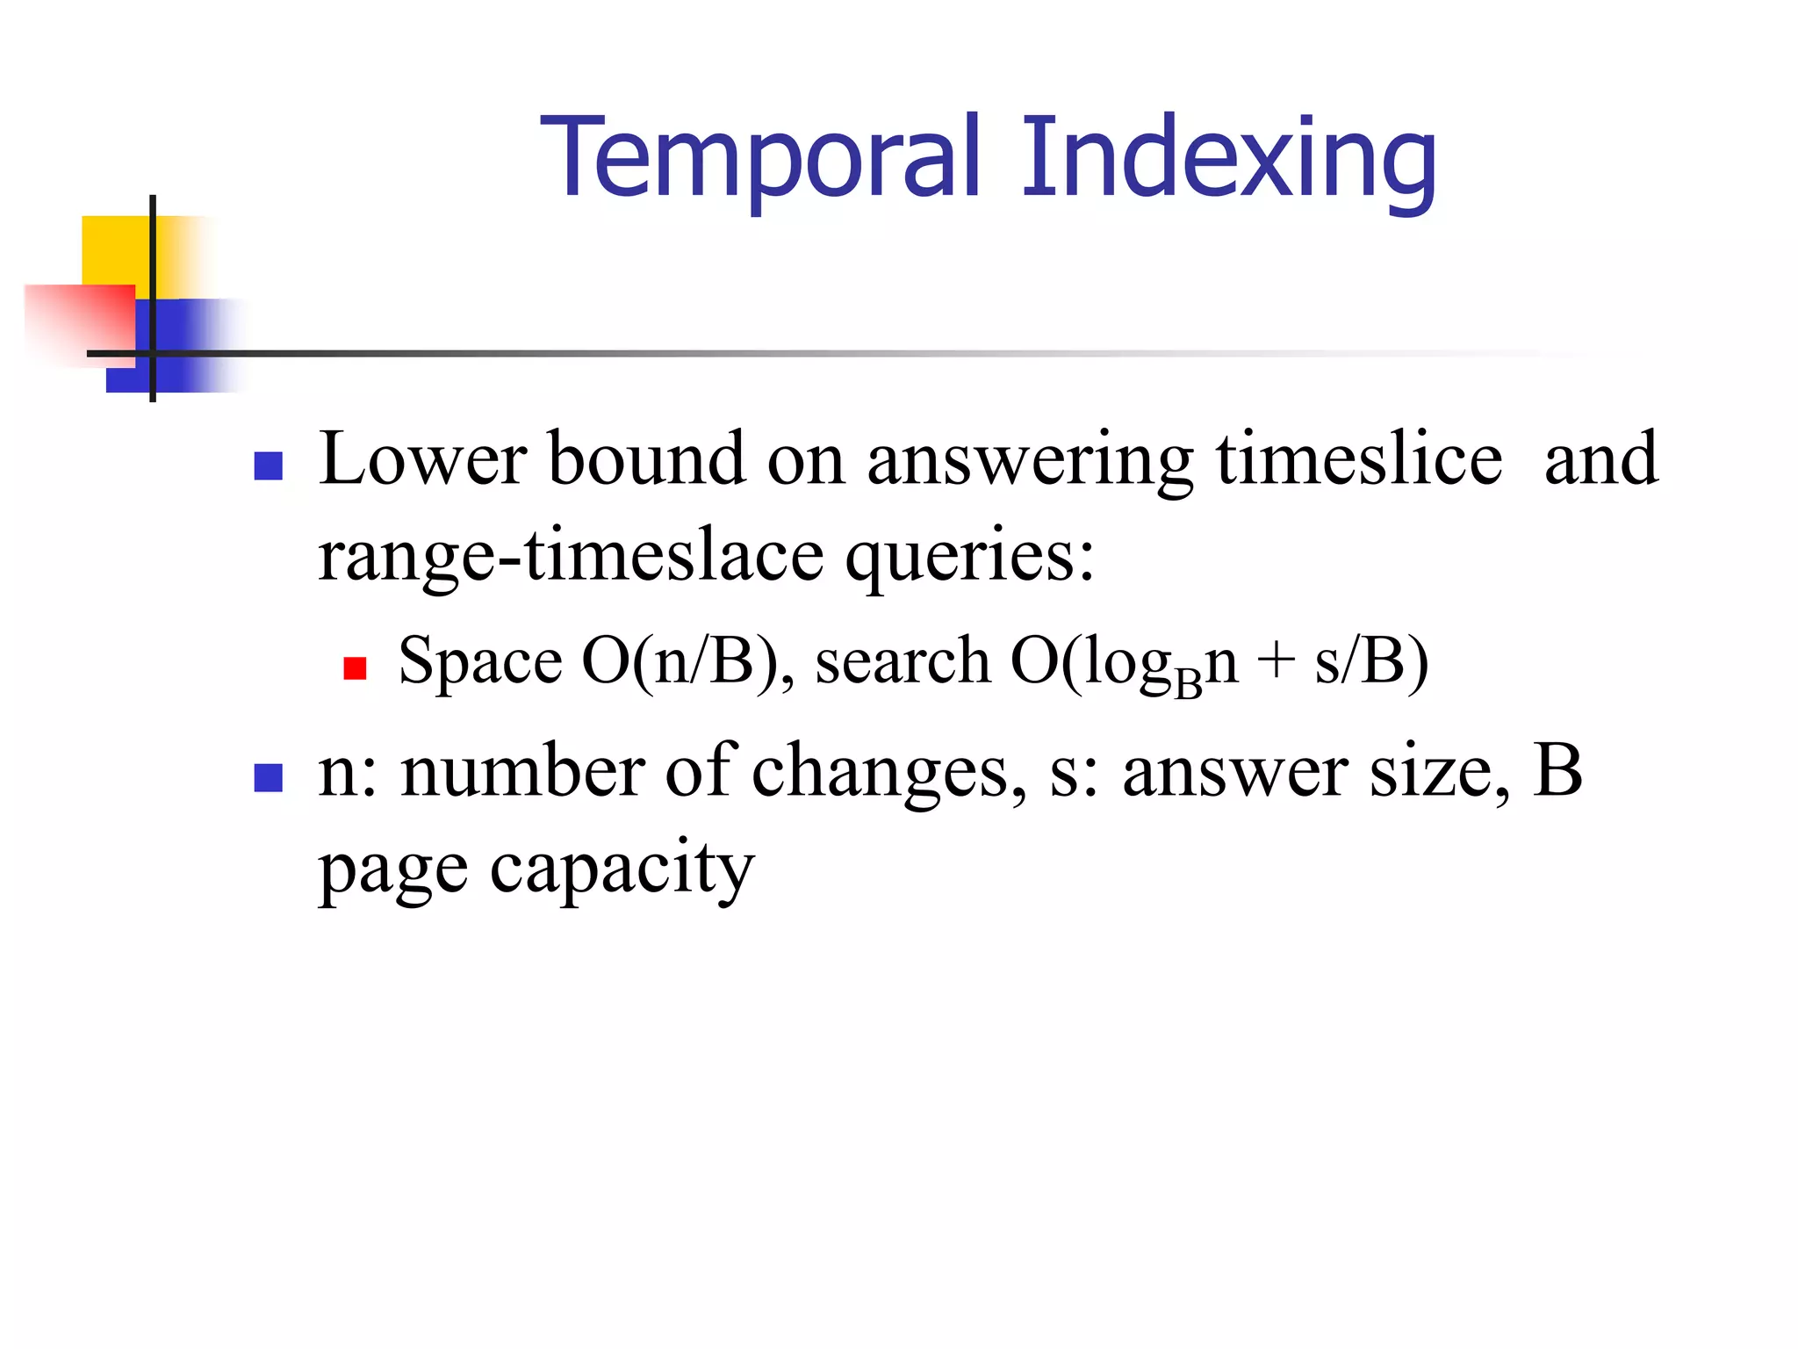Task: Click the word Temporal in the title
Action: coord(760,158)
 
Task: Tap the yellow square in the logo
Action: coord(114,250)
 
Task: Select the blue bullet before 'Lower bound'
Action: coord(268,465)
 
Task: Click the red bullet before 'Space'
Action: coord(355,668)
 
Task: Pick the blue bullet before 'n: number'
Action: coord(268,777)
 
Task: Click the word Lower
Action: coord(422,458)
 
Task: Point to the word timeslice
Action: coord(1359,458)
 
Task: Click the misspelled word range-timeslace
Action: coord(571,555)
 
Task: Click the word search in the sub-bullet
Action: coord(903,660)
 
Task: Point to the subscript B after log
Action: coord(1187,683)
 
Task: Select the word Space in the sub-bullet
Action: coord(480,660)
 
